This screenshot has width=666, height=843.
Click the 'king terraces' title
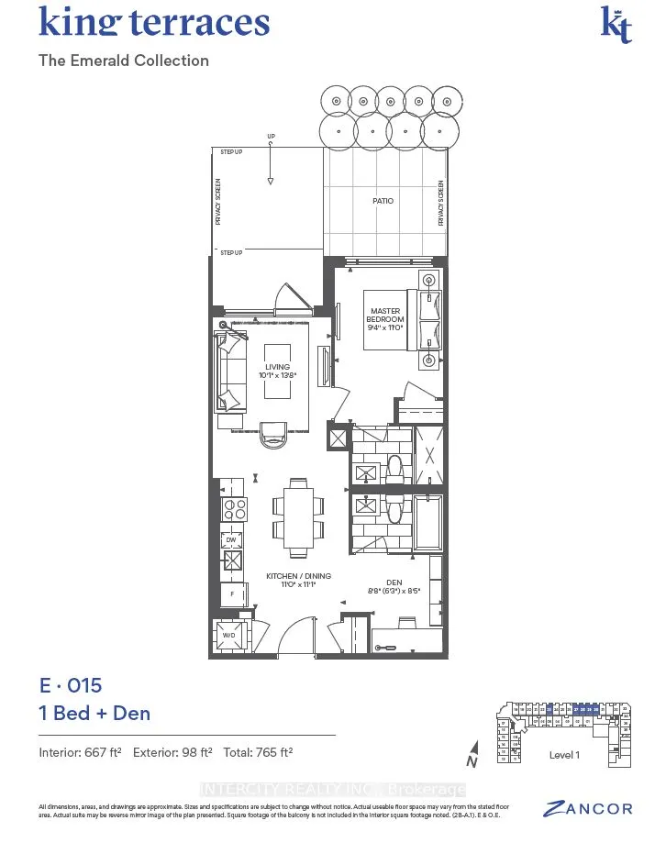(x=154, y=22)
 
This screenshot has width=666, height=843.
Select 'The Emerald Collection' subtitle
(x=124, y=61)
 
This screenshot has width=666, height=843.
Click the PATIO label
(x=383, y=201)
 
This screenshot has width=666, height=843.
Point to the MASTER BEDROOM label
(x=385, y=316)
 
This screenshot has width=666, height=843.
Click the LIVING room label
(x=277, y=371)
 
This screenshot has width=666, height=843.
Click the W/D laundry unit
(x=229, y=634)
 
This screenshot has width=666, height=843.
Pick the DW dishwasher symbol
(x=232, y=540)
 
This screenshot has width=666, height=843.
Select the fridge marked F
(x=232, y=593)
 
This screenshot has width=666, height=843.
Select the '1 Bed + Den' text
(x=94, y=713)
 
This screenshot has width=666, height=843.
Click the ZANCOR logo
(x=588, y=808)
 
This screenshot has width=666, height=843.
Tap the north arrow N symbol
(x=470, y=754)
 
